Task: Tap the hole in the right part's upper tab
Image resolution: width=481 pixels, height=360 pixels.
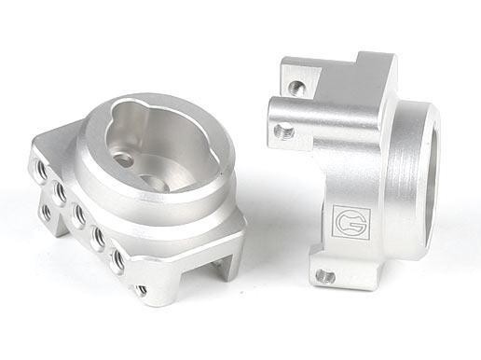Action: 296,88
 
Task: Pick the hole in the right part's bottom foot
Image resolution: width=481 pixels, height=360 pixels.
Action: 323,275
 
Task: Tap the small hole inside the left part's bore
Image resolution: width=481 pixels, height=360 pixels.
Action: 124,159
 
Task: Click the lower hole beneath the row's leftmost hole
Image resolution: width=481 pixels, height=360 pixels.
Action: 46,212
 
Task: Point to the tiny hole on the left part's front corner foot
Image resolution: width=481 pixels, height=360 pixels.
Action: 142,291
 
